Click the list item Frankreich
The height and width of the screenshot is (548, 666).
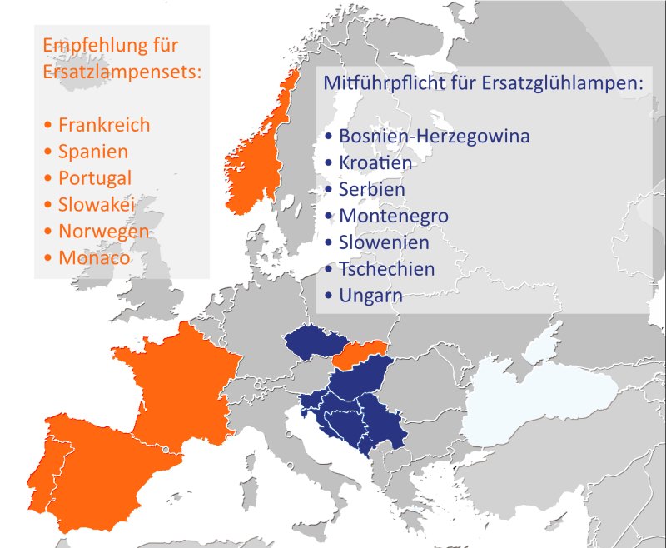point(103,125)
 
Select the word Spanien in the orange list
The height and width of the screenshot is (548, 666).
point(92,152)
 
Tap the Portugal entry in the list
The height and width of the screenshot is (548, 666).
point(94,178)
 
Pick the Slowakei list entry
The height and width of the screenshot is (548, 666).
point(96,204)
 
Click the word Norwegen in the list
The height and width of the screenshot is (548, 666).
point(103,231)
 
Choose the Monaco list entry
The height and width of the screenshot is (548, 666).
point(93,257)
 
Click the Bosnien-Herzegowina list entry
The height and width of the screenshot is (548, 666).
point(434,136)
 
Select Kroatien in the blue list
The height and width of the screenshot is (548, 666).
point(375,162)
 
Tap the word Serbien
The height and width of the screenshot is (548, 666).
point(372,189)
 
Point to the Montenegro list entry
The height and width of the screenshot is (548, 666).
point(394,216)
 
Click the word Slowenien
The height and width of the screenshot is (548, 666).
point(384,242)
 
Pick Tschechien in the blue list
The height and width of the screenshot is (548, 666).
point(387,269)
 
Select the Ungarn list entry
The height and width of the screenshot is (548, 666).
point(371,296)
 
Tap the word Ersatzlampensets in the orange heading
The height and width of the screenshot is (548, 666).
point(120,72)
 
